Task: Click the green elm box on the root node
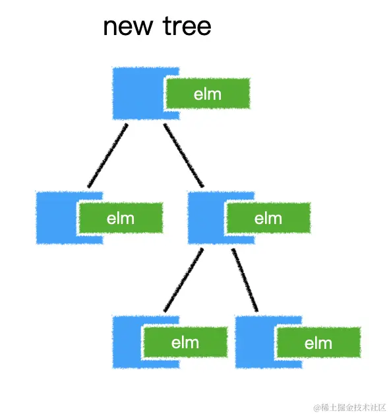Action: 208,94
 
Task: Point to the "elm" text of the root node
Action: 208,94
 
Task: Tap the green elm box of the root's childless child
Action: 121,218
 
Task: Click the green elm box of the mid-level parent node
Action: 268,218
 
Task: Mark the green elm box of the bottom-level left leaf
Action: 185,342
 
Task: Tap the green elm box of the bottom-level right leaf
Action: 318,343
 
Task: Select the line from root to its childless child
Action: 107,155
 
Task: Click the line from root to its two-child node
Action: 184,155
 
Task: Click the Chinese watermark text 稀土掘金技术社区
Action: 353,406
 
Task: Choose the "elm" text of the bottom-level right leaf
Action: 318,343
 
